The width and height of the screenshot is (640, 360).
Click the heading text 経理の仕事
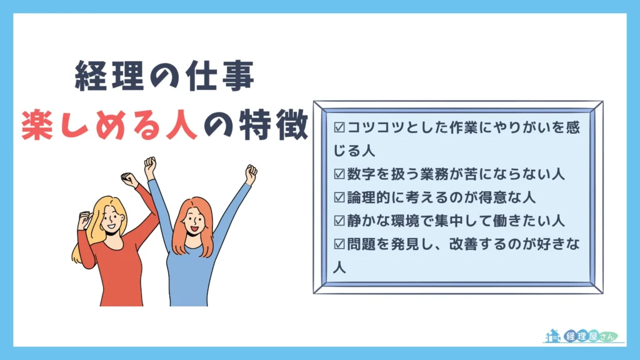click(x=164, y=77)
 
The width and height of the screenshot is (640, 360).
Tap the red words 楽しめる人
click(x=109, y=125)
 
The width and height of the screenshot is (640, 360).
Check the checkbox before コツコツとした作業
click(x=340, y=128)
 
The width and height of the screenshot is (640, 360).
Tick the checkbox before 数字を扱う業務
click(x=340, y=174)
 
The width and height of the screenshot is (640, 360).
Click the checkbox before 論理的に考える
click(x=340, y=197)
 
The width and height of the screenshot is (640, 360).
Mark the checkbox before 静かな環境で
click(x=340, y=221)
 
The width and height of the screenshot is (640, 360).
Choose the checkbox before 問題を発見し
click(x=340, y=244)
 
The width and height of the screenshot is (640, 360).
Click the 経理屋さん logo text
click(x=590, y=336)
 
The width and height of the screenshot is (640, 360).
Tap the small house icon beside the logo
click(x=552, y=336)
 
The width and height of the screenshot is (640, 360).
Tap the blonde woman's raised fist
click(x=129, y=180)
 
